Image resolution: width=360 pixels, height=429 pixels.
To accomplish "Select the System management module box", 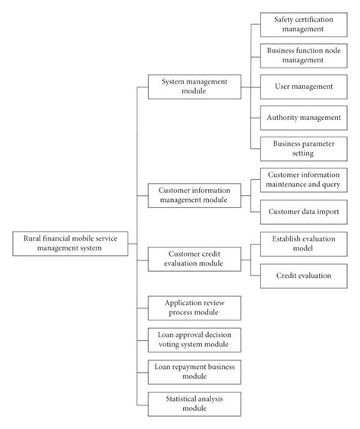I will tap(194, 86).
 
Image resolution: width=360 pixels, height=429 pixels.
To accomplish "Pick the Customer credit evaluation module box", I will tap(194, 259).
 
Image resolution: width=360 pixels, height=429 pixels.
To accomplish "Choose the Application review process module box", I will tap(194, 308).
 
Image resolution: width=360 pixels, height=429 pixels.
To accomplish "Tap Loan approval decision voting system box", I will tap(194, 339).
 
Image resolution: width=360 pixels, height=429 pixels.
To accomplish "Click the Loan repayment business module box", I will tap(194, 371).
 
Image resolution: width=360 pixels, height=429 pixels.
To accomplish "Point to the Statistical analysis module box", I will tap(194, 402).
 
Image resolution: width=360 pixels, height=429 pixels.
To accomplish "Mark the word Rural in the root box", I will tap(31, 238).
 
